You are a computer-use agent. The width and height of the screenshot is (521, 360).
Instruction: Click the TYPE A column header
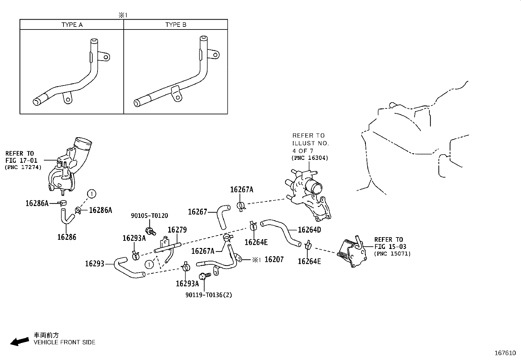tap(72, 25)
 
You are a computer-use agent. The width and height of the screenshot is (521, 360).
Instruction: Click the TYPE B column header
tap(176, 25)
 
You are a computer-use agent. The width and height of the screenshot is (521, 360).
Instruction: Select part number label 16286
tap(67, 237)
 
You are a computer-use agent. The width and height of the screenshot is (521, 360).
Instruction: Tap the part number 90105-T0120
tap(149, 216)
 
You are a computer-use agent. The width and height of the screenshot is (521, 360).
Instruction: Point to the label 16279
tap(177, 230)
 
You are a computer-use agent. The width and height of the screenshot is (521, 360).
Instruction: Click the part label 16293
tap(95, 264)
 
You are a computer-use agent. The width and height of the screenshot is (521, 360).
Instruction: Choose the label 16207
tap(274, 260)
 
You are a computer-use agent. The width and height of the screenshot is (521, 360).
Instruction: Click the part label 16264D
tap(309, 230)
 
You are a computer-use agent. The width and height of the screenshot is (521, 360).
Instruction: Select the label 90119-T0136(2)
tap(209, 295)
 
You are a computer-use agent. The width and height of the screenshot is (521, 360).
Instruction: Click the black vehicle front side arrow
tap(19, 341)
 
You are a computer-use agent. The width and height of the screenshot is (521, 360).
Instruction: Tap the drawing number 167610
tap(505, 353)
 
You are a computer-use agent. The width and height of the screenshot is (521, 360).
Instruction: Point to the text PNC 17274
tap(23, 167)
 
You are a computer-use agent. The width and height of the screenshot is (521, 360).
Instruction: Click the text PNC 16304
tap(310, 158)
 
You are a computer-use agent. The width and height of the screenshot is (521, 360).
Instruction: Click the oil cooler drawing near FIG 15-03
tap(352, 253)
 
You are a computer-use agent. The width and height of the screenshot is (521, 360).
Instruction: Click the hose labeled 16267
tap(222, 216)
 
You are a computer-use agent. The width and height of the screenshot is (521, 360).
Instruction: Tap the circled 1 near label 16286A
tap(92, 194)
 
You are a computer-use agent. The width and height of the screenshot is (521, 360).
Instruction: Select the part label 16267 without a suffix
tap(197, 212)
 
